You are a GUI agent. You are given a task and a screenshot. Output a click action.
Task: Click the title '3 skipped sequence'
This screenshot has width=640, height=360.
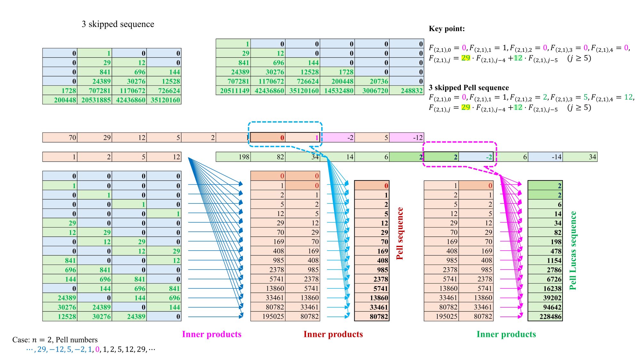[118, 24]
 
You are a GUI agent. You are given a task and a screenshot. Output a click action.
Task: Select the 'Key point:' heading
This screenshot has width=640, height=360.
[447, 29]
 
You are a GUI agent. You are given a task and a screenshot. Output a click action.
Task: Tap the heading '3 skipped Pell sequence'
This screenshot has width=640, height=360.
[469, 88]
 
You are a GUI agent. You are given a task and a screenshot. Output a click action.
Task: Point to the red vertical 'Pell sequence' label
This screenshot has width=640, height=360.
[400, 233]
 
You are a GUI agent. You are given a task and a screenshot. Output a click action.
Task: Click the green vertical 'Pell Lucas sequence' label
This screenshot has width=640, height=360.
[573, 251]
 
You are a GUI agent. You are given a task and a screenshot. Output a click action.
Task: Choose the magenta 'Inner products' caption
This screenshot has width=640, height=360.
[212, 334]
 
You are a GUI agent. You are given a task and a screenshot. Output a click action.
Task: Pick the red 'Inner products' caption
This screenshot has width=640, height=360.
[333, 334]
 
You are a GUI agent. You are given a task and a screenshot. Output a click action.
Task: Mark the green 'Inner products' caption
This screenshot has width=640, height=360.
[506, 334]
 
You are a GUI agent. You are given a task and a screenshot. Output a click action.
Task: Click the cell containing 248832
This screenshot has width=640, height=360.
[407, 91]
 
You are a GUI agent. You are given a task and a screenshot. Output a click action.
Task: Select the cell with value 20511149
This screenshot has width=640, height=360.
[233, 91]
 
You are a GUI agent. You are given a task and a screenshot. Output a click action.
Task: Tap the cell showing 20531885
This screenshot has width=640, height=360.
[95, 100]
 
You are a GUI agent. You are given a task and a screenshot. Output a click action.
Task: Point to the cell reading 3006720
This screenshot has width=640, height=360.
[372, 91]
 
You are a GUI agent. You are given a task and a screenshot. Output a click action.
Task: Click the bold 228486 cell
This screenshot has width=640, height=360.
[545, 316]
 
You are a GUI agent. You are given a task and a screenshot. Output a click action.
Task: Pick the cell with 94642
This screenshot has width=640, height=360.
[545, 307]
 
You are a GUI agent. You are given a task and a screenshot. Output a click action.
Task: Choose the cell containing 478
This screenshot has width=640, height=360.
[545, 251]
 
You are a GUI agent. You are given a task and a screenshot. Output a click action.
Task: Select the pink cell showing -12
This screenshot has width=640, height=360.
[407, 138]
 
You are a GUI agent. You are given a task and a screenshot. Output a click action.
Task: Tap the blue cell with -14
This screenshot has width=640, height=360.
[545, 157]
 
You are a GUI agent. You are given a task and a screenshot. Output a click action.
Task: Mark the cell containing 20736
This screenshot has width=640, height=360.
[372, 81]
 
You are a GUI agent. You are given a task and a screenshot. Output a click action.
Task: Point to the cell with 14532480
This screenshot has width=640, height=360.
[337, 91]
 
